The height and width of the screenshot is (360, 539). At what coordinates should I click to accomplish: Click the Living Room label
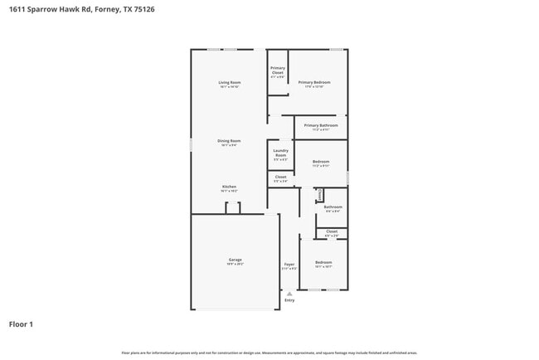coord(230,82)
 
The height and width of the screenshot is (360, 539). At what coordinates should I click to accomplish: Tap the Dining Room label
coord(230,141)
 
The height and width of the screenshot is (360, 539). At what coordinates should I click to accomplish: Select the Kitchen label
coord(230,187)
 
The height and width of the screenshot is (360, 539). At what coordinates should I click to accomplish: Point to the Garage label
coord(236,260)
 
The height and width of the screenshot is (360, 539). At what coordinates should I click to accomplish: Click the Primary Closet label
coord(278,71)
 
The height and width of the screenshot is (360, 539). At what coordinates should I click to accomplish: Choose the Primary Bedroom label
coord(314,82)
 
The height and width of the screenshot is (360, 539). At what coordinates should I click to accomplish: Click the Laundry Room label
coord(280,153)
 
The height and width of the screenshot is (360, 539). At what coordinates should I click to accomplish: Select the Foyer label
coord(289,265)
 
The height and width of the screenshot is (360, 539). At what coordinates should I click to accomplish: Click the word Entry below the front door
coord(289,300)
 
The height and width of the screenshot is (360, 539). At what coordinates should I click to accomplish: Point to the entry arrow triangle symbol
coord(289,293)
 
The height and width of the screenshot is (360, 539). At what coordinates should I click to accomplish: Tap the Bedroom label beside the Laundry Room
coord(321,161)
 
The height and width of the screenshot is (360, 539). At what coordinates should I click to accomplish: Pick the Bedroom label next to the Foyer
coord(323,262)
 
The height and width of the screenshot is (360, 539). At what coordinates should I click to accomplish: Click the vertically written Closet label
coord(320,195)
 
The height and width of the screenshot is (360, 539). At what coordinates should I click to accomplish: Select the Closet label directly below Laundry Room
coord(280,177)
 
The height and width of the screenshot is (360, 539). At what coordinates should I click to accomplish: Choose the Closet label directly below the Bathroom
coord(332,231)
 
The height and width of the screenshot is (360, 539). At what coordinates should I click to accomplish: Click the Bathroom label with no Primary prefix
coord(333,207)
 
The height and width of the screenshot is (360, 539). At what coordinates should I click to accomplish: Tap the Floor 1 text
coord(21,324)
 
